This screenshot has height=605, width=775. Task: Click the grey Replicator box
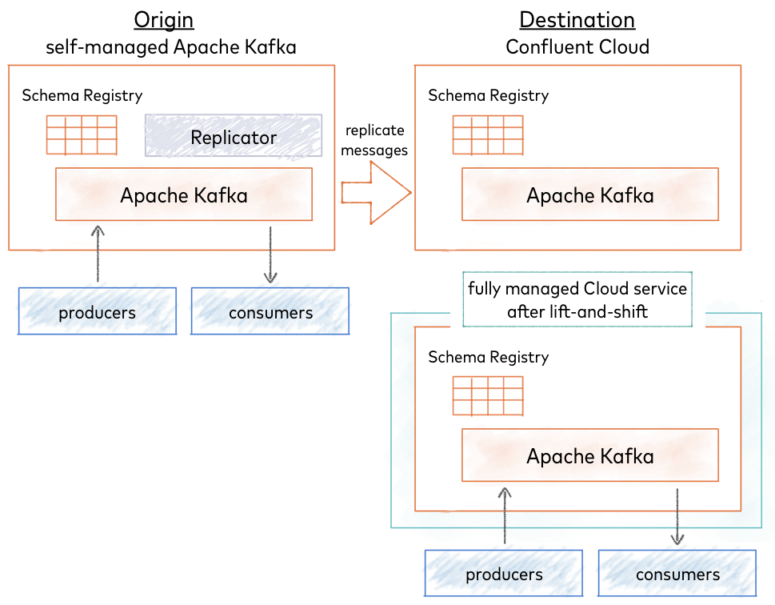tap(233, 135)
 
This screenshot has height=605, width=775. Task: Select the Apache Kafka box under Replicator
tap(183, 194)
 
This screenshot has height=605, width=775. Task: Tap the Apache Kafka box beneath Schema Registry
tap(589, 455)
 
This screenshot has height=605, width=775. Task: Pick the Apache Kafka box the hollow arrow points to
tap(589, 195)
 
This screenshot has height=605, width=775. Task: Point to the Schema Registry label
tap(488, 357)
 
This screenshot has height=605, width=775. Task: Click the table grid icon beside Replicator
tap(81, 135)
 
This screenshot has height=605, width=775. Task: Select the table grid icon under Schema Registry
tap(488, 396)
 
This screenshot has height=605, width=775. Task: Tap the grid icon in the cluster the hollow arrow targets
tap(488, 135)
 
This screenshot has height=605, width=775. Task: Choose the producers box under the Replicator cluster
tap(98, 311)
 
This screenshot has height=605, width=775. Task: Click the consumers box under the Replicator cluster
tap(270, 311)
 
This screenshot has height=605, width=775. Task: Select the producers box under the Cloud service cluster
tap(504, 574)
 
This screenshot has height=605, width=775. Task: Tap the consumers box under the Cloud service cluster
tap(677, 574)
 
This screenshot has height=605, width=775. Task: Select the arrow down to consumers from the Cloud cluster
tap(677, 516)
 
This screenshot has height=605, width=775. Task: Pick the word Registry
tap(520, 357)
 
